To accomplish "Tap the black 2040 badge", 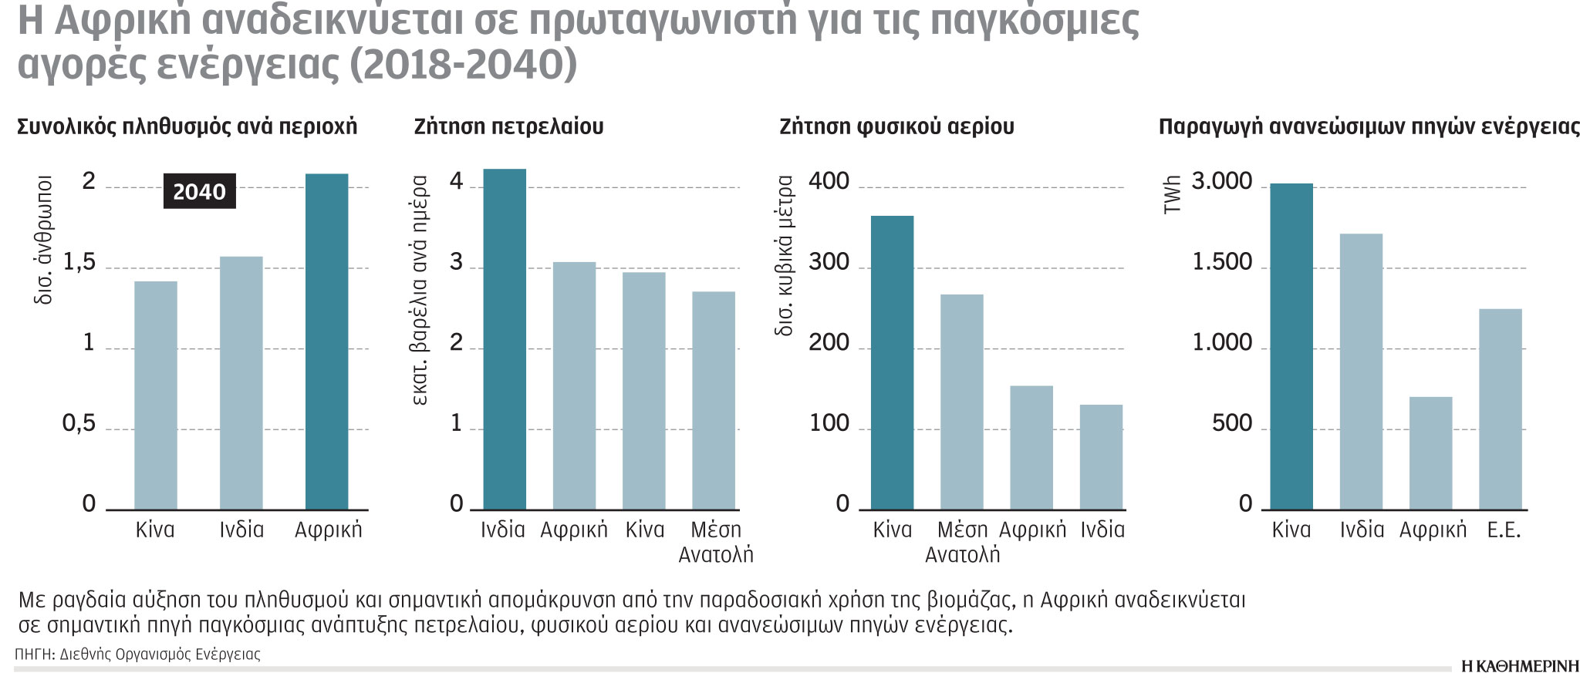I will pos(199,192).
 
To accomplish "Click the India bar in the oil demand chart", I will pos(505,339).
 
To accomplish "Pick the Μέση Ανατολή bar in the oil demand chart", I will pos(714,400).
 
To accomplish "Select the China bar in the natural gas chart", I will pos(892,362).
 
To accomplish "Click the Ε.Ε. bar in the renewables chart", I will pos(1501,409).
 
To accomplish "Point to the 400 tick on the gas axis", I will pos(829,182).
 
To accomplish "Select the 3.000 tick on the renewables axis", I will pos(1222,182).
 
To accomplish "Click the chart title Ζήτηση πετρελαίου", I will pos(508,126).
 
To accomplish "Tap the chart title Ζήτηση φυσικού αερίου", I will pos(896,126).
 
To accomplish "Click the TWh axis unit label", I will pos(1172,194).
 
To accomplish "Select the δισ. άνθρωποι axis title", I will pos(44,239).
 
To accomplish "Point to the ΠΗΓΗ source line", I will pos(137,654).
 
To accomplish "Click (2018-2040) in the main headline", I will pos(463,65).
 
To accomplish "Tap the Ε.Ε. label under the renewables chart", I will pos(1503,530).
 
